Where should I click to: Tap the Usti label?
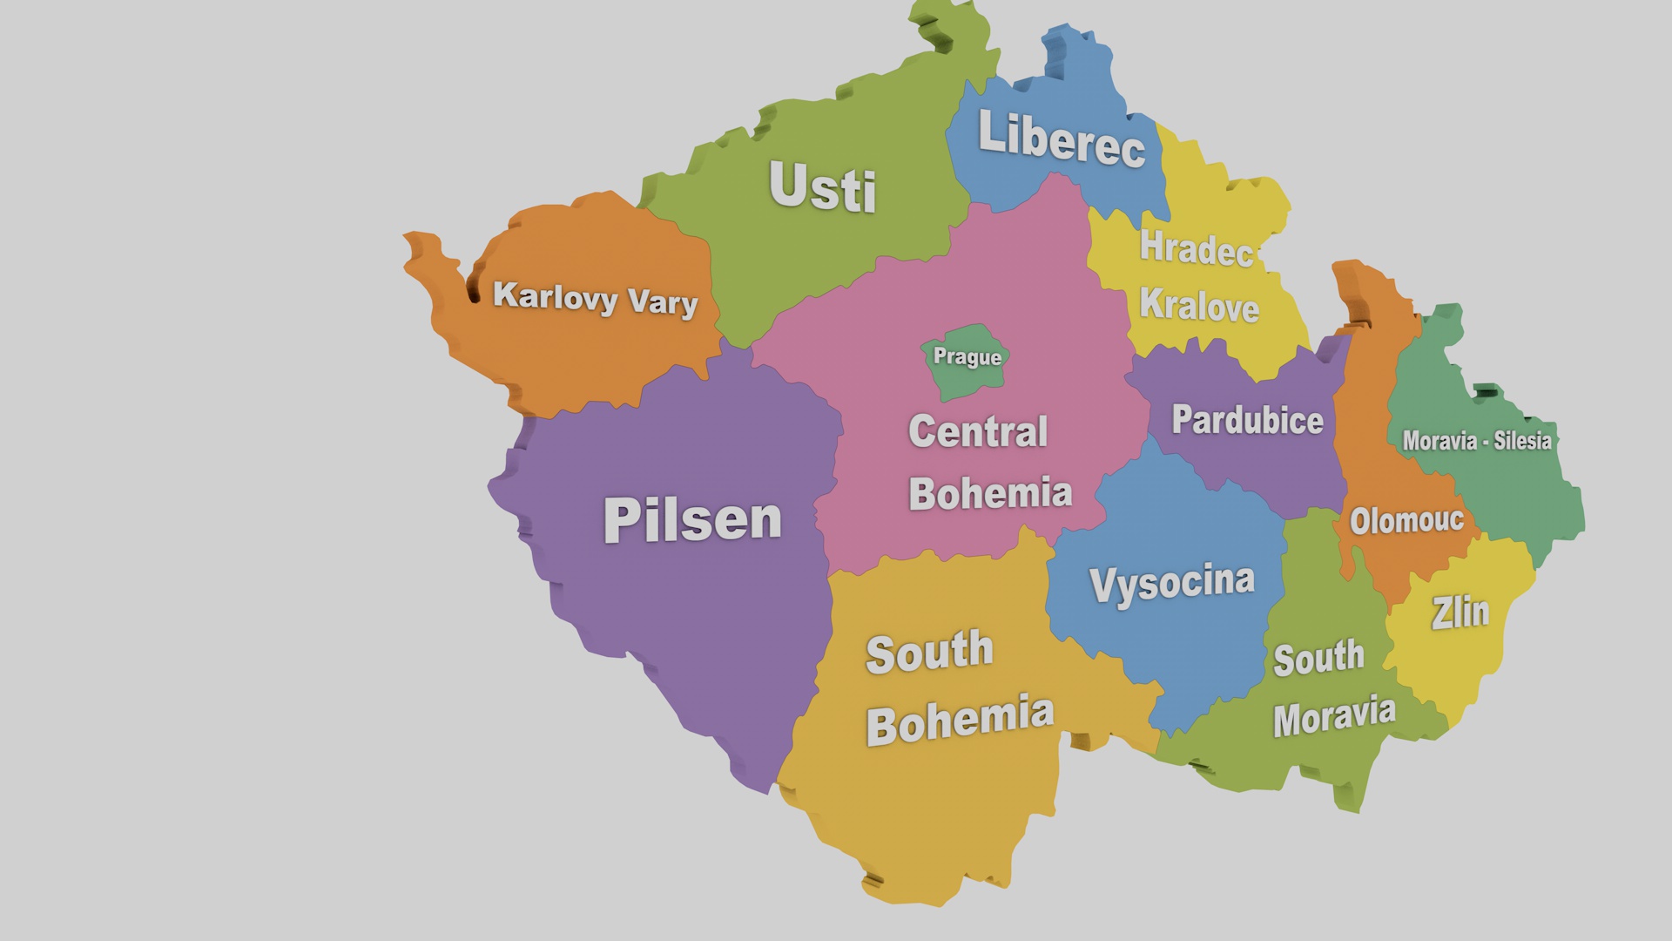822,187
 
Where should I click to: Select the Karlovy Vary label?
595,299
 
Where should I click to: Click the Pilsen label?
692,520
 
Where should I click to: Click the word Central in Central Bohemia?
977,432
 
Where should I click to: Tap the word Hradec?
1196,249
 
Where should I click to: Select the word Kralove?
1199,306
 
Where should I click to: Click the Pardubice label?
1247,421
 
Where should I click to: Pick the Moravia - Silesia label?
1476,441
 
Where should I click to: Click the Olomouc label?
1406,521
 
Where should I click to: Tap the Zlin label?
1460,613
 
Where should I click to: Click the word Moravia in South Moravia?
1333,717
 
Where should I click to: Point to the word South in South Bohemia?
928,653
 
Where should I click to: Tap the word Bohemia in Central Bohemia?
990,494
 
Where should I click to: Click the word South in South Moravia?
1318,658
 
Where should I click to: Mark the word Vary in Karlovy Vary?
663,303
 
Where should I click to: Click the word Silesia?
1522,441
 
